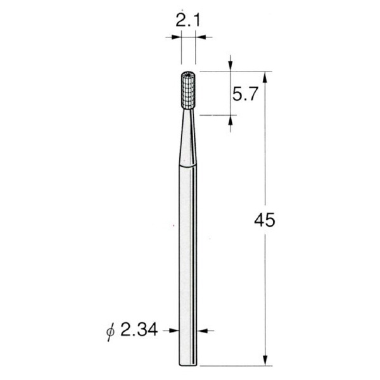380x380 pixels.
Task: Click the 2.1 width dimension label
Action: tap(188, 21)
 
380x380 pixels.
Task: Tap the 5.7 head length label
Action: tap(244, 94)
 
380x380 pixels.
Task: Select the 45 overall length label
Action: tap(265, 220)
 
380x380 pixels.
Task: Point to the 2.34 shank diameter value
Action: tap(139, 329)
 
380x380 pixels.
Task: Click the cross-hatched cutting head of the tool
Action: tap(188, 90)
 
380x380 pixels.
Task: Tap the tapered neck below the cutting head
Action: tap(188, 137)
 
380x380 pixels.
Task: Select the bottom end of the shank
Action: tap(188, 365)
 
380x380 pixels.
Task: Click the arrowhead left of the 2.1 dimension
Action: tap(176, 37)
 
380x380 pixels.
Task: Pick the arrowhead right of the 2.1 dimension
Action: tap(200, 37)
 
